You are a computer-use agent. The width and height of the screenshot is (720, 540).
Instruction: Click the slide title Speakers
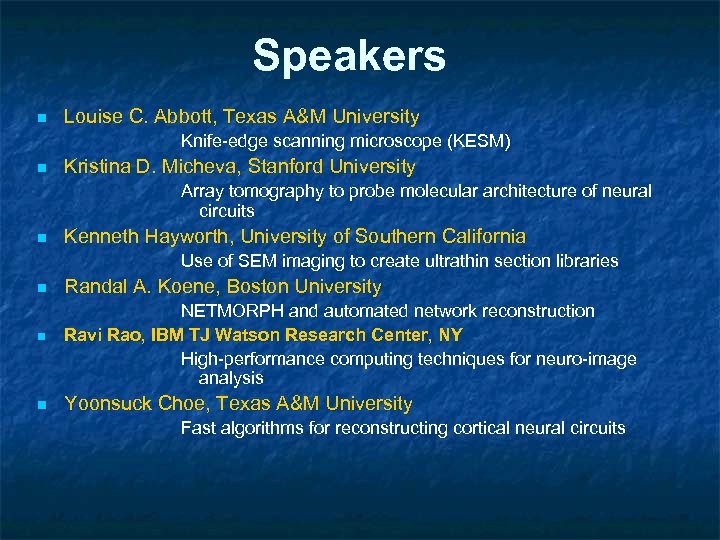click(349, 56)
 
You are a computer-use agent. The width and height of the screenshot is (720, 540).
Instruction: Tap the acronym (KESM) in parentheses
click(477, 142)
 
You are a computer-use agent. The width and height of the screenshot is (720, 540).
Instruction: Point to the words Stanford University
click(331, 166)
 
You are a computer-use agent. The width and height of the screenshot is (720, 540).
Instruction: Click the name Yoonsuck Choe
click(138, 404)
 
